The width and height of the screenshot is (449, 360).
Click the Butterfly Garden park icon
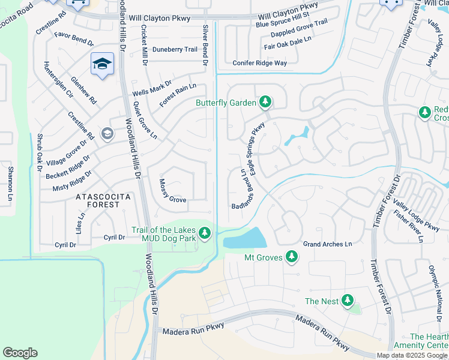pyautogui.click(x=265, y=103)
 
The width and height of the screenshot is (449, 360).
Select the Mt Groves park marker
pyautogui.click(x=291, y=257)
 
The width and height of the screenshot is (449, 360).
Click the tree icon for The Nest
pyautogui.click(x=348, y=301)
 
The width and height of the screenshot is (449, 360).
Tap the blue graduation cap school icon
pyautogui.click(x=103, y=64)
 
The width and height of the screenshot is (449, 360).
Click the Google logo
pyautogui.click(x=20, y=353)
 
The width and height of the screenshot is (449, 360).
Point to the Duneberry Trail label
pyautogui.click(x=174, y=50)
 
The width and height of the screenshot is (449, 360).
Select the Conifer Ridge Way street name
pyautogui.click(x=259, y=63)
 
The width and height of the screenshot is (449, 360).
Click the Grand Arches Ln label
pyautogui.click(x=327, y=244)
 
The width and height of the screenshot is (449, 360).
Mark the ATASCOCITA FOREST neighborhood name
pyautogui.click(x=97, y=200)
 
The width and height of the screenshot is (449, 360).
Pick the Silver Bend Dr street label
pyautogui.click(x=205, y=46)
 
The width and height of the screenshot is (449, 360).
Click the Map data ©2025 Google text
pyautogui.click(x=412, y=355)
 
